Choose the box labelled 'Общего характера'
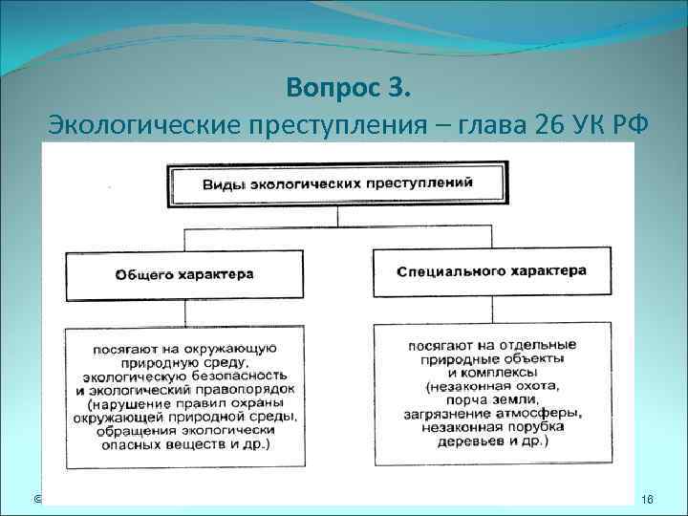click(x=184, y=274)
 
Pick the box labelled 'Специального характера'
click(x=492, y=272)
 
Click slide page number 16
click(x=646, y=500)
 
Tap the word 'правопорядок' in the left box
click(x=252, y=390)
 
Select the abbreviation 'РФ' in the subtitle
click(x=616, y=125)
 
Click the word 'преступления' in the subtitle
click(x=296, y=125)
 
